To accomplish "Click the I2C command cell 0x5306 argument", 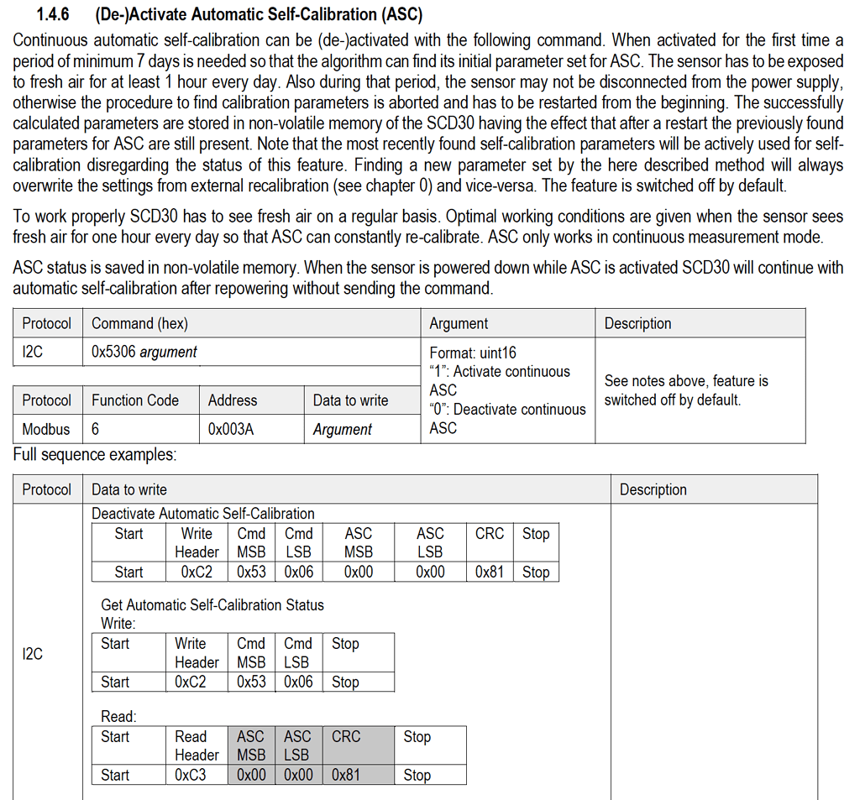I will [x=144, y=353].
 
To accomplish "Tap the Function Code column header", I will [x=135, y=400].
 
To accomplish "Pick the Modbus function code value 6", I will [x=96, y=429].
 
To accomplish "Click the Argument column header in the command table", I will [x=459, y=323].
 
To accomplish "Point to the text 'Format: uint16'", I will [x=473, y=353].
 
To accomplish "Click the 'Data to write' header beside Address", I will [x=350, y=400].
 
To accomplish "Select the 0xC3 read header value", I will [x=191, y=775].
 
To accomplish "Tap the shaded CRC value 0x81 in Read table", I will [x=346, y=775].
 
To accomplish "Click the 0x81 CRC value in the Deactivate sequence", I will [x=490, y=572].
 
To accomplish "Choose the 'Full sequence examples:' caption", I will [x=95, y=455].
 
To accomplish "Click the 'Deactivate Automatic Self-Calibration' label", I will [x=203, y=513].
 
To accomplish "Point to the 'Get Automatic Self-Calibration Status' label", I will [x=212, y=604].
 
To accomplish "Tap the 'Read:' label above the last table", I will [x=118, y=716].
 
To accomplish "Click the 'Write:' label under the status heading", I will [x=118, y=623].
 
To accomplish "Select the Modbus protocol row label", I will [x=46, y=429].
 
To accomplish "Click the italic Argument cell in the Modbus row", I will [x=342, y=429].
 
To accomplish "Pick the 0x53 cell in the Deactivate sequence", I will [x=251, y=572].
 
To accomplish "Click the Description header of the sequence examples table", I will [x=653, y=489].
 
